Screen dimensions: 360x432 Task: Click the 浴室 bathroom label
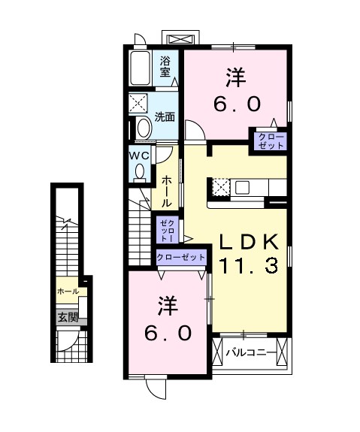coord(165,66)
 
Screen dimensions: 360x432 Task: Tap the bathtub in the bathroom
coord(141,68)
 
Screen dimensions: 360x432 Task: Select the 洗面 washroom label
coord(165,117)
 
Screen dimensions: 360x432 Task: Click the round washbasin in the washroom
coord(144,128)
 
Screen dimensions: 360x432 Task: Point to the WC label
coord(139,156)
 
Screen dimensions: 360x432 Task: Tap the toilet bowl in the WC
coord(140,171)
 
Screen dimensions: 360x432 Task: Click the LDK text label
coord(248,242)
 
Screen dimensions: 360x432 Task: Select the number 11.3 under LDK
coord(248,266)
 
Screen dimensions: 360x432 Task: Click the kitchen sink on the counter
coord(242,188)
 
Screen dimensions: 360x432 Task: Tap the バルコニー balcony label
coord(251,352)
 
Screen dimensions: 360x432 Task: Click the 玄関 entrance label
coord(68,318)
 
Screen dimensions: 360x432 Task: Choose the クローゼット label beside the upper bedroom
coord(271,141)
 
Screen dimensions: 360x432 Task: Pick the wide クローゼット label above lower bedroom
coord(181,258)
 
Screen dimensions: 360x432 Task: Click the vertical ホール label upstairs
coord(167,192)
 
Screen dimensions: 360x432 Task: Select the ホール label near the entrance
coord(68,292)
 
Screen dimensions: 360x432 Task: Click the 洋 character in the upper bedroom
coord(236,77)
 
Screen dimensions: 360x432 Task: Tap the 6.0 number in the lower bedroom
coord(168,333)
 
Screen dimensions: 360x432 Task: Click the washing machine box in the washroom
coord(138,104)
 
